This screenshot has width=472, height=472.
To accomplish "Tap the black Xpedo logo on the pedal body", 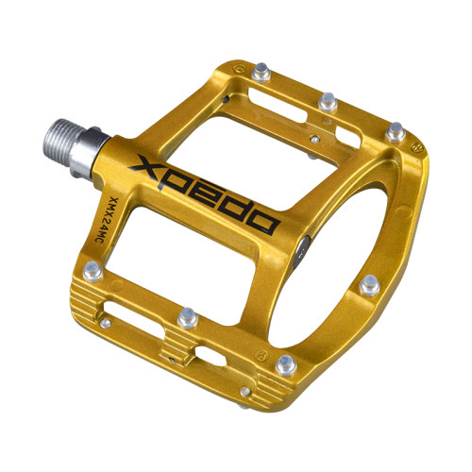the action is (x=204, y=194).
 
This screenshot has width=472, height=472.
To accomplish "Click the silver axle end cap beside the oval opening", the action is (x=301, y=252).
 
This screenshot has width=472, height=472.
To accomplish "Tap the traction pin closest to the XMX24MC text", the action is (x=93, y=271).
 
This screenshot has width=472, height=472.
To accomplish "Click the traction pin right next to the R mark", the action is (x=286, y=365).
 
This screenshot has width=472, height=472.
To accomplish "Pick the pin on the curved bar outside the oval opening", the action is (x=370, y=285).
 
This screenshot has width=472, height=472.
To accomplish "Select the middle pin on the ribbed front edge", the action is (x=188, y=318).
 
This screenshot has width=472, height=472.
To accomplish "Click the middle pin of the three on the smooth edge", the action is (x=328, y=103).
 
